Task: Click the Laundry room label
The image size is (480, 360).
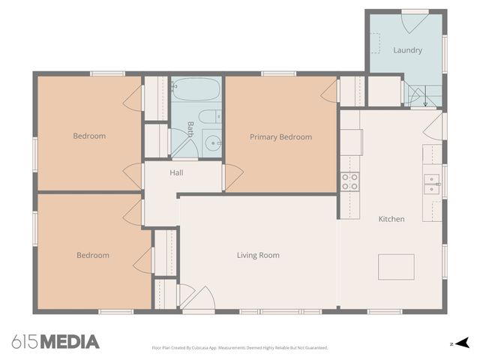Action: point(407,50)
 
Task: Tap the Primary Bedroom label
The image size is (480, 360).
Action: point(280,136)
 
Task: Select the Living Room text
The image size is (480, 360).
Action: point(258,255)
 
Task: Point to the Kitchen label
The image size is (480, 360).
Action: point(391,219)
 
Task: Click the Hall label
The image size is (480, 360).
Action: point(176,172)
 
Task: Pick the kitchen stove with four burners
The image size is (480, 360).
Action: point(349,181)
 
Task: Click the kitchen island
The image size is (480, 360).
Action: point(396,266)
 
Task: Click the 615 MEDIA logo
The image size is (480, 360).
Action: point(55,342)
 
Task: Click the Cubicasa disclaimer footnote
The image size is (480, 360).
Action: point(240,348)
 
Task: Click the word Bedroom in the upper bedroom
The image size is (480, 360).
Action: point(89,136)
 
